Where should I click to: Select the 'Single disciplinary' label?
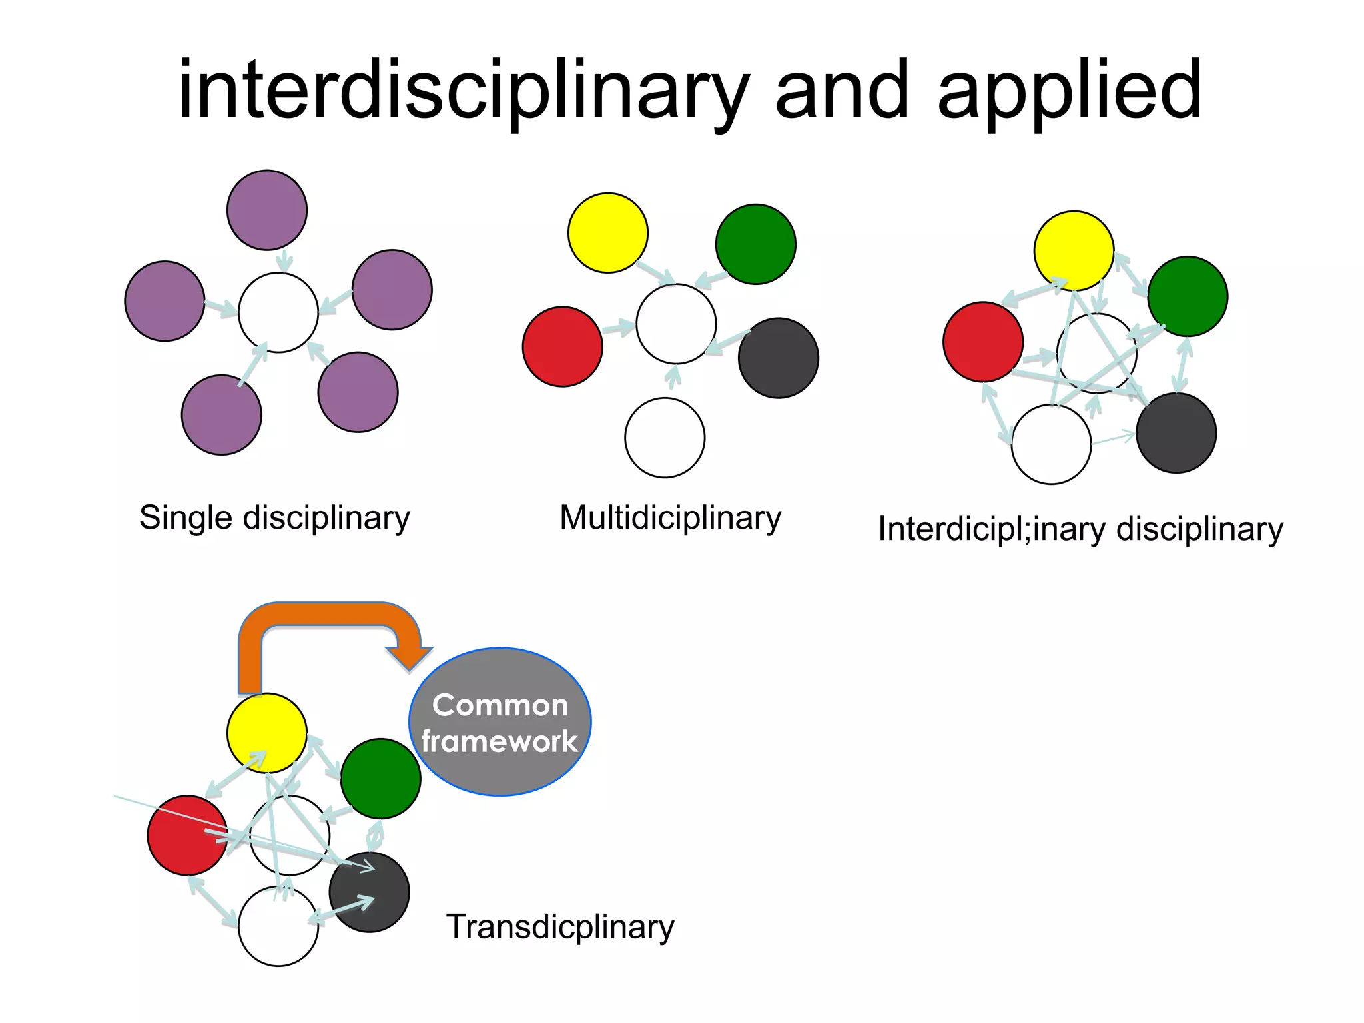(274, 518)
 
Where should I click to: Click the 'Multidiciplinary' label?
(670, 518)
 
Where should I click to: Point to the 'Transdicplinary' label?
(559, 927)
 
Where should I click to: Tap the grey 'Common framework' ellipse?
(500, 722)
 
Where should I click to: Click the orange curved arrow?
(326, 616)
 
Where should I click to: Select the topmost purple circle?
(267, 210)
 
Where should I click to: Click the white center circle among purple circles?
(278, 312)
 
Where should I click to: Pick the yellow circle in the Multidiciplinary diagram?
(607, 233)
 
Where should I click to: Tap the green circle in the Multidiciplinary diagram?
(755, 244)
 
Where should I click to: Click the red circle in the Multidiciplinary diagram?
(562, 346)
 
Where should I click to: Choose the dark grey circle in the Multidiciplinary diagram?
(778, 358)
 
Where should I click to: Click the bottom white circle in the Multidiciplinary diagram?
(665, 438)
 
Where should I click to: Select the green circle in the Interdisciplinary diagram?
(1188, 296)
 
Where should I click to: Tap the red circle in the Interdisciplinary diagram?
(982, 341)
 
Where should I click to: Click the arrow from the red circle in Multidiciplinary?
(619, 327)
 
